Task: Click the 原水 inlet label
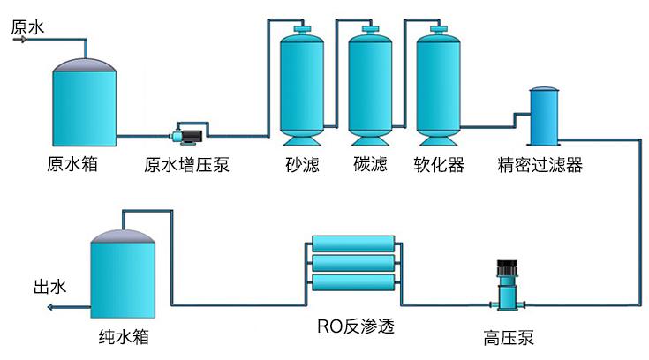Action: coord(26,27)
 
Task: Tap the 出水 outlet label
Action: coord(50,287)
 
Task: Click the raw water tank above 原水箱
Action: coord(84,101)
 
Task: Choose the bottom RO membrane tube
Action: coord(353,283)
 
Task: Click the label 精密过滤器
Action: coord(540,165)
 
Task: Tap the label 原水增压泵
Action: coord(186,165)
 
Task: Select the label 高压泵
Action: coord(508,337)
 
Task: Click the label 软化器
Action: coord(439,165)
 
